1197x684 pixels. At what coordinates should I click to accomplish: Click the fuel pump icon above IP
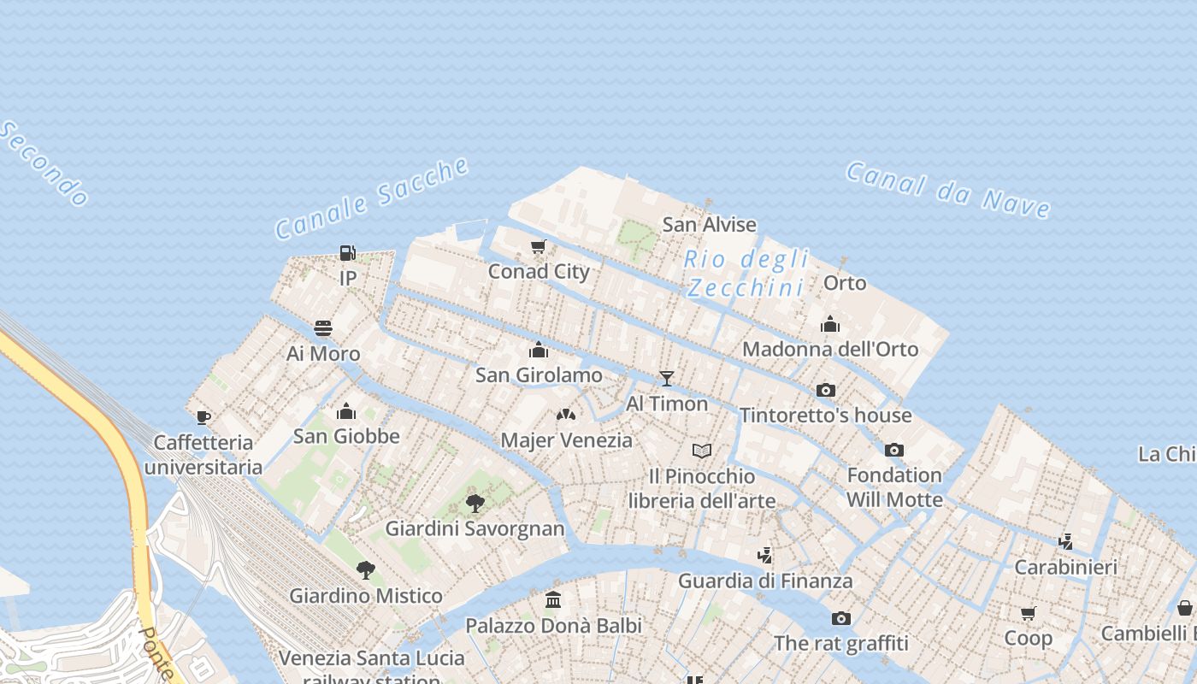click(x=347, y=252)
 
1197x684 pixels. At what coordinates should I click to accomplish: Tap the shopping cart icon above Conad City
click(x=538, y=247)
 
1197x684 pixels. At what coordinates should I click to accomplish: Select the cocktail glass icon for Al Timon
click(x=667, y=378)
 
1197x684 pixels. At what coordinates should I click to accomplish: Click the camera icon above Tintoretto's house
click(x=825, y=390)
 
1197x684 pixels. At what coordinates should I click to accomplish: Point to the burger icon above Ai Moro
click(x=323, y=328)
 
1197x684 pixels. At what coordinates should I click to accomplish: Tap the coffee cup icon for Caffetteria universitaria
click(x=203, y=417)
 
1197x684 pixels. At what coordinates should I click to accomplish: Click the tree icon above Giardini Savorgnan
click(x=475, y=504)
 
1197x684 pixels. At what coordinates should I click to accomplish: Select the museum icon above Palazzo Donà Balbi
click(x=553, y=600)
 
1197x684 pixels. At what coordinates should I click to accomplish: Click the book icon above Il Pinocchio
click(x=701, y=451)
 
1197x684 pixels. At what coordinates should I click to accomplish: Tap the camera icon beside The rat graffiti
click(x=840, y=618)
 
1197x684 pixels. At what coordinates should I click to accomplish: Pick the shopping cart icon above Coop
click(x=1028, y=613)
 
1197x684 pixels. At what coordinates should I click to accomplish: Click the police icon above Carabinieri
click(x=1065, y=541)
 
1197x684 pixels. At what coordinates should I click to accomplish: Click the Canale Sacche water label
click(x=372, y=198)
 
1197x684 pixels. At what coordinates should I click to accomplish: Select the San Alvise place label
click(x=710, y=225)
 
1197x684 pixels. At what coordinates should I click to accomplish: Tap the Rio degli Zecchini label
click(x=746, y=273)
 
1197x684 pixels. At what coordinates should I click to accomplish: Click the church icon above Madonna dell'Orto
click(x=829, y=324)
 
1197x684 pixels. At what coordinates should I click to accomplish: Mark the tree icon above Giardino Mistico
click(x=366, y=570)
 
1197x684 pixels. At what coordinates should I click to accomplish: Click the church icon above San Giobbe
click(x=346, y=411)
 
